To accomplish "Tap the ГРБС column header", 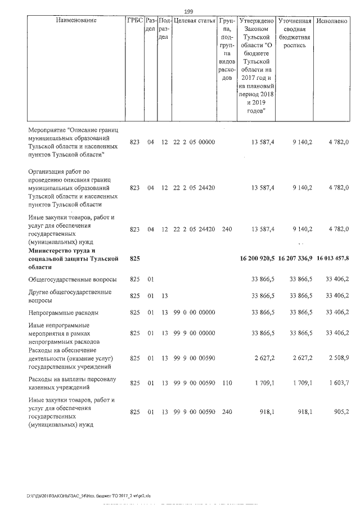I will pyautogui.click(x=135, y=20).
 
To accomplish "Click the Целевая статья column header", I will pyautogui.click(x=195, y=20).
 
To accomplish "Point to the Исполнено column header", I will pyautogui.click(x=332, y=20).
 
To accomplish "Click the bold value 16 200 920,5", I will pyautogui.click(x=256, y=258).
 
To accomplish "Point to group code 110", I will pyautogui.click(x=227, y=382).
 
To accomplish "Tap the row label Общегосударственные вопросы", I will pyautogui.click(x=73, y=279).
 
